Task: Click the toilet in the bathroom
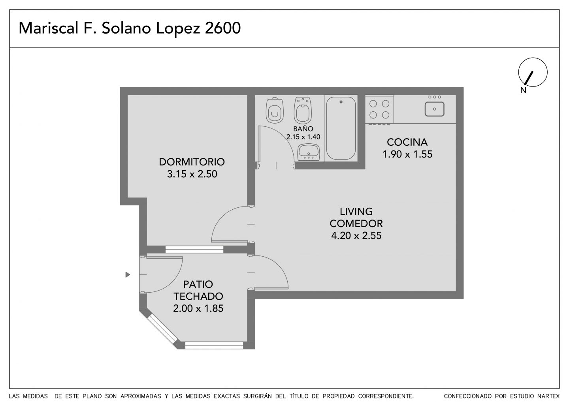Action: pos(274,111)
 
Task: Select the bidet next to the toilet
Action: pos(303,111)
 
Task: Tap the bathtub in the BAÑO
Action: pos(341,128)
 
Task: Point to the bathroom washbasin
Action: pos(308,152)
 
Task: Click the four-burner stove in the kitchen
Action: pos(379,110)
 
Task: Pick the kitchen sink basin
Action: pos(434,109)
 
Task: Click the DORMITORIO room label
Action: pos(192,162)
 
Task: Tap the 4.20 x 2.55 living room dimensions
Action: pos(356,235)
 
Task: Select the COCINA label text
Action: pos(407,142)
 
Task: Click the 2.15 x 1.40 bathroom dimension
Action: pos(303,137)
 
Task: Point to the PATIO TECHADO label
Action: pos(198,290)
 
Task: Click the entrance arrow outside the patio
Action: pos(128,274)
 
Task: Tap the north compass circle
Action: pos(533,72)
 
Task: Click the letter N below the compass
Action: pos(523,90)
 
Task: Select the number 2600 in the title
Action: pos(222,28)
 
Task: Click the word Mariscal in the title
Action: pos(49,28)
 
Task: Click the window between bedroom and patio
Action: pos(194,250)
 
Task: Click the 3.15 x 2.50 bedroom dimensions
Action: pos(192,174)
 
